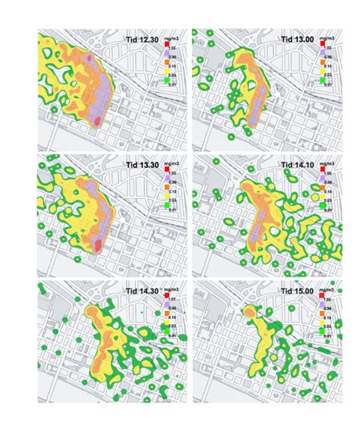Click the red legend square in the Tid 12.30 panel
pyautogui.click(x=167, y=47)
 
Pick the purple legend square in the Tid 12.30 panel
pyautogui.click(x=167, y=55)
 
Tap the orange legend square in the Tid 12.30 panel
pyautogui.click(x=167, y=64)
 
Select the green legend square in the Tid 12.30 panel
pyautogui.click(x=167, y=80)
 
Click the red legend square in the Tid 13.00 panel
pyautogui.click(x=323, y=47)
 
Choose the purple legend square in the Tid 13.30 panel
pyautogui.click(x=167, y=183)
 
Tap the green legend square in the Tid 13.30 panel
pyautogui.click(x=167, y=208)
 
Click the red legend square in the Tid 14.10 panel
pyautogui.click(x=323, y=175)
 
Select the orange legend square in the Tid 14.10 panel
pyautogui.click(x=323, y=191)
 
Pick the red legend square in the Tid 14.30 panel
pyautogui.click(x=167, y=301)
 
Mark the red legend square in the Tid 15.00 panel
pyautogui.click(x=323, y=301)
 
